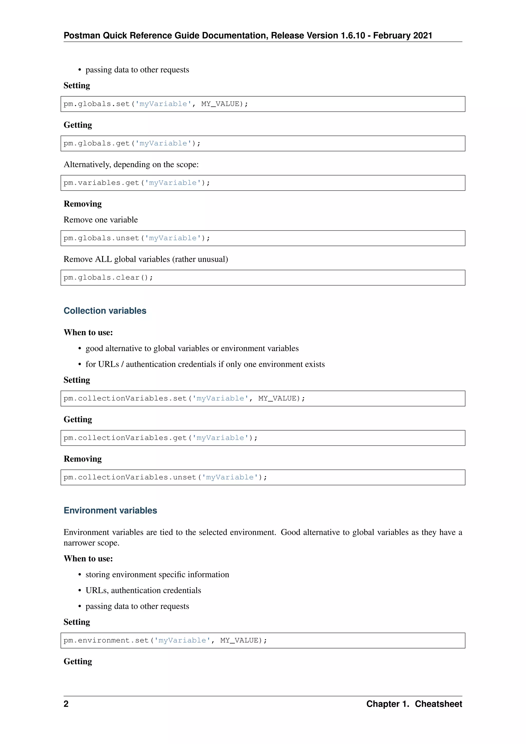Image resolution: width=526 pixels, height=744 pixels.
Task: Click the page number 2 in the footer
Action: [66, 704]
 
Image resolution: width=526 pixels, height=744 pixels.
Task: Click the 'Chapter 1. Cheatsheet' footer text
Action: [414, 704]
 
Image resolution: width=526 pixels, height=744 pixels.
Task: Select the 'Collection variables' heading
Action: [105, 311]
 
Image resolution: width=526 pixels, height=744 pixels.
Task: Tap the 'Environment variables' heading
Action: [110, 510]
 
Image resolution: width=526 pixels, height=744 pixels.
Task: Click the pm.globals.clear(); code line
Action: [108, 278]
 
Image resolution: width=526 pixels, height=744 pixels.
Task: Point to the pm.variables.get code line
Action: [137, 183]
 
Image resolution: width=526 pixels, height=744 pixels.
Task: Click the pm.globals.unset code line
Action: [137, 238]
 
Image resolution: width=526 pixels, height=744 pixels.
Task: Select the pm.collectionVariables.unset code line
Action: [165, 477]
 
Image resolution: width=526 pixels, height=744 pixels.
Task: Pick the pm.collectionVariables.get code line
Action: [160, 438]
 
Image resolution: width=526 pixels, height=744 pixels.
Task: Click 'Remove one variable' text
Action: [101, 220]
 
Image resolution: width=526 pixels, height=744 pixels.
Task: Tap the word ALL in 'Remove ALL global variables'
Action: [103, 259]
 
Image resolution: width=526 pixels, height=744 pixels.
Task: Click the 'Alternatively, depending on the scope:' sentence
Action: [131, 165]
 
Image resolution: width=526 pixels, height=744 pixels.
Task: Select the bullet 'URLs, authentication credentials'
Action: [143, 590]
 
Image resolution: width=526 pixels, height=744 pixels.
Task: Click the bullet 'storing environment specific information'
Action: [157, 574]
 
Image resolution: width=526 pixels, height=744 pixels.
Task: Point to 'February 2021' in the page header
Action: [403, 36]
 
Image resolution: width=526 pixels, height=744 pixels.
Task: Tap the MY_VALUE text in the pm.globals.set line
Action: [220, 104]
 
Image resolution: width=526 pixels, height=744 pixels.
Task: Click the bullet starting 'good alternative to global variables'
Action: [192, 348]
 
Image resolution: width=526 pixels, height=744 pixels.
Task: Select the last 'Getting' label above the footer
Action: [78, 661]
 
